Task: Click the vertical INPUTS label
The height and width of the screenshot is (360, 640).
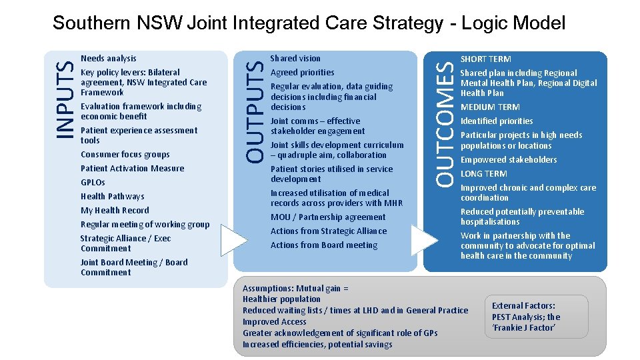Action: [64, 99]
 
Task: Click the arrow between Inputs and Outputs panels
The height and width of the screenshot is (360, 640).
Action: [233, 240]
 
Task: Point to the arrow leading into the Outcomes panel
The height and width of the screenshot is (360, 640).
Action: [424, 240]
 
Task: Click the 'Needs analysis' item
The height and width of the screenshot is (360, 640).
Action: [108, 59]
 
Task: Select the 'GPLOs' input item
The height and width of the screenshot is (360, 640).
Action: [93, 183]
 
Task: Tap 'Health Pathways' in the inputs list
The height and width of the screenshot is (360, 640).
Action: [112, 197]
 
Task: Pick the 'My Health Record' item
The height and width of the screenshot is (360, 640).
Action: [115, 211]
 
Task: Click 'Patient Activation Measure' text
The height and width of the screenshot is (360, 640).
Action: [132, 169]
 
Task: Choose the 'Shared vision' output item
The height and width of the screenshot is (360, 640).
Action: [295, 59]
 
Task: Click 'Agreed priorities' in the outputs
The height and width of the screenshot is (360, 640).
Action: [302, 73]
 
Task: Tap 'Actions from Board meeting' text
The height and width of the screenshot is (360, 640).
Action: [323, 245]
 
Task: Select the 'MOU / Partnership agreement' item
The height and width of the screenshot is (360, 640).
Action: [327, 217]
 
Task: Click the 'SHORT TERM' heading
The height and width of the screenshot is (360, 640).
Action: [485, 59]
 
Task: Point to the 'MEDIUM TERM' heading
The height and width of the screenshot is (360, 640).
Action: [490, 107]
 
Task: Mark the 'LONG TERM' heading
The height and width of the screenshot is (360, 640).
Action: [483, 174]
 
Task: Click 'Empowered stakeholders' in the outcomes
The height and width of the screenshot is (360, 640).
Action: [508, 160]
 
